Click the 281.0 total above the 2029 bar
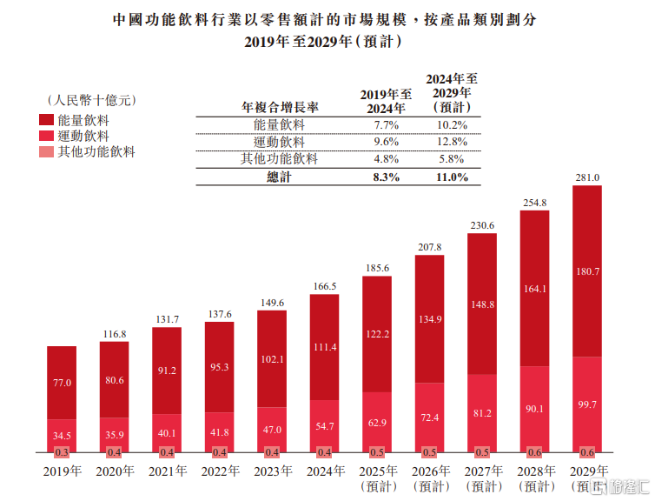pyautogui.click(x=588, y=177)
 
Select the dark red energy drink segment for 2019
pyautogui.click(x=62, y=383)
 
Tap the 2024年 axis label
pyautogui.click(x=325, y=472)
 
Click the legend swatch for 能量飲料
pyautogui.click(x=45, y=120)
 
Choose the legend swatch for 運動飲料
pyautogui.click(x=45, y=137)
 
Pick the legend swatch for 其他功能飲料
pyautogui.click(x=45, y=152)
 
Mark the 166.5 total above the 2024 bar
pyautogui.click(x=325, y=286)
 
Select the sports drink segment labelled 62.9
pyautogui.click(x=377, y=423)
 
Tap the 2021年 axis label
pyautogui.click(x=167, y=472)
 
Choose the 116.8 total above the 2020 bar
pyautogui.click(x=115, y=333)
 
